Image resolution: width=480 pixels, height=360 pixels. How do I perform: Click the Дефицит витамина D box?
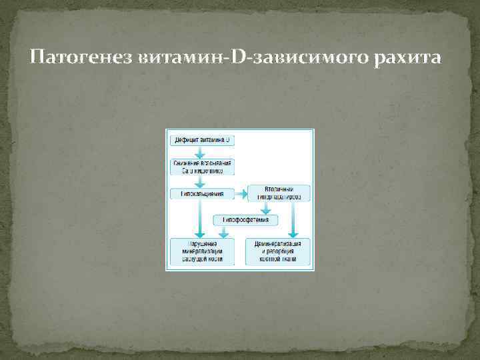pyautogui.click(x=202, y=141)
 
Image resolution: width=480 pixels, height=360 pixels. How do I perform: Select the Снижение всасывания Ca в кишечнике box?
pyautogui.click(x=202, y=167)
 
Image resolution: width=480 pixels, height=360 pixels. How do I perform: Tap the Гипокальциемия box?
pyautogui.click(x=202, y=194)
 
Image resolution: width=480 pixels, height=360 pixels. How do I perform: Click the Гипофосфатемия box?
pyautogui.click(x=245, y=219)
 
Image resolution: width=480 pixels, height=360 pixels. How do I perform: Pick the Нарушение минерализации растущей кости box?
pyautogui.click(x=202, y=251)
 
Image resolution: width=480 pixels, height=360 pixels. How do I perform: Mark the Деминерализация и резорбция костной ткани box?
pyautogui.click(x=278, y=251)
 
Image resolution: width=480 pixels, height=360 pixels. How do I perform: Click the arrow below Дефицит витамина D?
pyautogui.click(x=202, y=152)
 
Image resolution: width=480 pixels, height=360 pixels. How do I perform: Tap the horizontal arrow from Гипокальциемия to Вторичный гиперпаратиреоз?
pyautogui.click(x=241, y=195)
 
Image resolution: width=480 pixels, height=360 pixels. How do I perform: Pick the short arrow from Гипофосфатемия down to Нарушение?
pyautogui.click(x=224, y=231)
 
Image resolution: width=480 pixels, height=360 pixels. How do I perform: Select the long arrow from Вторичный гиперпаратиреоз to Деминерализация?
pyautogui.click(x=293, y=219)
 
